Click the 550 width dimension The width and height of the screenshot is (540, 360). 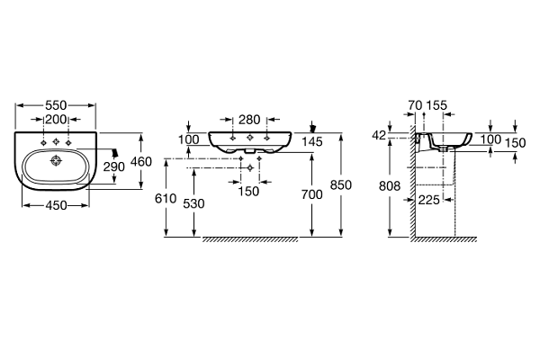point(56,105)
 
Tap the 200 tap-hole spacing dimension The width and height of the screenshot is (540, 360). point(56,119)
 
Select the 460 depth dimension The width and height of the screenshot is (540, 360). point(141,161)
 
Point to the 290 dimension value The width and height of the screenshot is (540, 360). point(114,166)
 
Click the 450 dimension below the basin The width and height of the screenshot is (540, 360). point(56,205)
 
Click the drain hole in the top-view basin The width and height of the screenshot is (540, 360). point(56,160)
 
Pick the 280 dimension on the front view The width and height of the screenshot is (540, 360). point(249,120)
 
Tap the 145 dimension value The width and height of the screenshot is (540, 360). point(312,141)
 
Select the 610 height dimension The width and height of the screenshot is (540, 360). point(166,198)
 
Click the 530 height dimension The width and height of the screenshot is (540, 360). point(193,203)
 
